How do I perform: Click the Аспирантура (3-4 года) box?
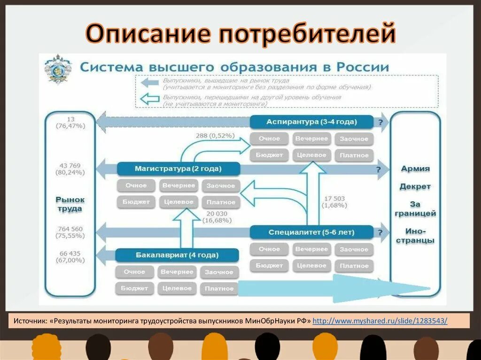pyautogui.click(x=311, y=122)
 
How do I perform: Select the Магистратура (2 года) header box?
pyautogui.click(x=178, y=169)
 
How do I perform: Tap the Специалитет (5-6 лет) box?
pyautogui.click(x=311, y=232)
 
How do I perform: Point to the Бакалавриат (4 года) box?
pyautogui.click(x=177, y=255)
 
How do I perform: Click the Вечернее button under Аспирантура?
pyautogui.click(x=311, y=139)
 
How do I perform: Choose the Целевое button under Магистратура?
pyautogui.click(x=178, y=202)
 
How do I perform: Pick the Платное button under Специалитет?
pyautogui.click(x=354, y=266)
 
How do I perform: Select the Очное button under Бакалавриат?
pyautogui.click(x=134, y=272)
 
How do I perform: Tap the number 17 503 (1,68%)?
pyautogui.click(x=334, y=202)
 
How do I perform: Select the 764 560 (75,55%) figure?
pyautogui.click(x=70, y=232)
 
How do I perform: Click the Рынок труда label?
pyautogui.click(x=70, y=204)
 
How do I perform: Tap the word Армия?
pyautogui.click(x=415, y=169)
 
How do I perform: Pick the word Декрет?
pyautogui.click(x=415, y=186)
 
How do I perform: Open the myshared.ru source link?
pyautogui.click(x=380, y=321)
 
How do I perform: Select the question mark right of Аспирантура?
pyautogui.click(x=380, y=122)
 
